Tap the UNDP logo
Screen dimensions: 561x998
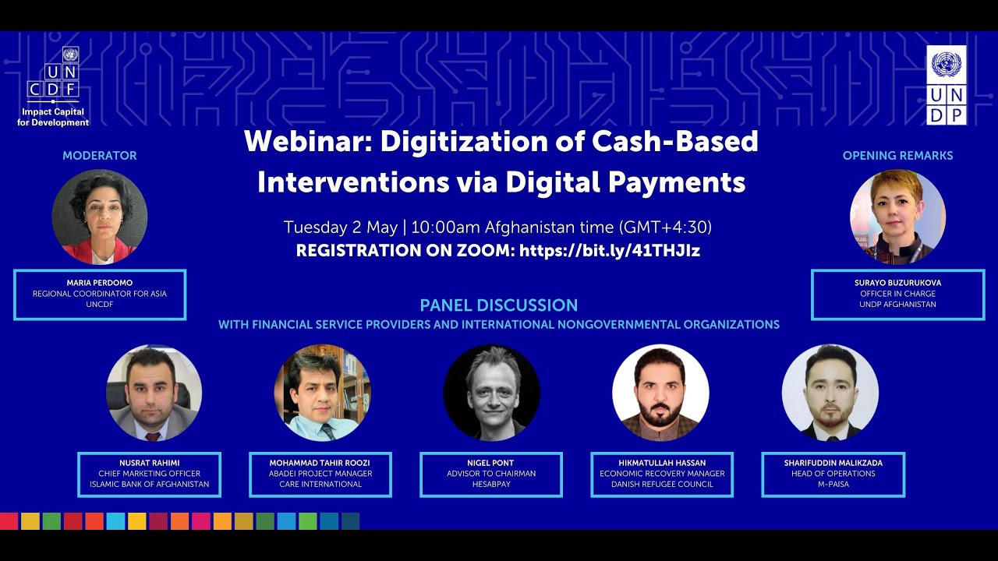pyautogui.click(x=947, y=85)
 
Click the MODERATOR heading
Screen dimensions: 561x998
pyautogui.click(x=100, y=156)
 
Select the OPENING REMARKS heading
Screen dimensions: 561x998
pyautogui.click(x=897, y=156)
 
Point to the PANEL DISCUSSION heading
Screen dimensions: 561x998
pyautogui.click(x=499, y=305)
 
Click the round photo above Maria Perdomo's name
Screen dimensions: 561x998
pyautogui.click(x=100, y=217)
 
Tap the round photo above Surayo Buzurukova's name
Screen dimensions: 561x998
pyautogui.click(x=897, y=217)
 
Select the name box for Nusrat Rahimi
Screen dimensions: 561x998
pyautogui.click(x=149, y=474)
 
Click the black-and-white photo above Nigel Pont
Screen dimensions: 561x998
pyautogui.click(x=491, y=393)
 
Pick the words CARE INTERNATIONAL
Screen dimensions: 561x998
pyautogui.click(x=320, y=484)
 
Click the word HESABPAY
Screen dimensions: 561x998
pyautogui.click(x=491, y=484)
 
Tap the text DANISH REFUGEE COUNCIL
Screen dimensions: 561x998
pyautogui.click(x=662, y=484)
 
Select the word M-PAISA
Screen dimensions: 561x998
pyautogui.click(x=833, y=484)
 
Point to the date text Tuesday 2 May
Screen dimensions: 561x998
pyautogui.click(x=341, y=228)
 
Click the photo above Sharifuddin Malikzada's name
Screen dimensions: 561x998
pyautogui.click(x=830, y=393)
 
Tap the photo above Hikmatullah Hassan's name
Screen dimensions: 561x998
pyautogui.click(x=660, y=393)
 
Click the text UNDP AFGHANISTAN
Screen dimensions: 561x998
pyautogui.click(x=897, y=304)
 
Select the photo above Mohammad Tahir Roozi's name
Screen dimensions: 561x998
pyautogui.click(x=322, y=393)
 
